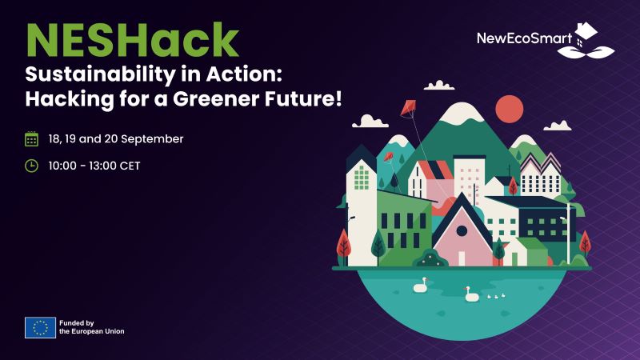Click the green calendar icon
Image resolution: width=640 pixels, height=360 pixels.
click(31, 139)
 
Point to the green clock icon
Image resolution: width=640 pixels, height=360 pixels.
click(31, 166)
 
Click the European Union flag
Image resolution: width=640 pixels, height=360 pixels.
click(40, 327)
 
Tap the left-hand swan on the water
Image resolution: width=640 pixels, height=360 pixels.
click(421, 286)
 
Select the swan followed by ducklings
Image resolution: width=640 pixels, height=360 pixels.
click(472, 294)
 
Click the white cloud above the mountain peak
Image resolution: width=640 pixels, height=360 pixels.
click(438, 85)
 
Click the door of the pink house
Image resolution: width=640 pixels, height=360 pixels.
click(462, 256)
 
